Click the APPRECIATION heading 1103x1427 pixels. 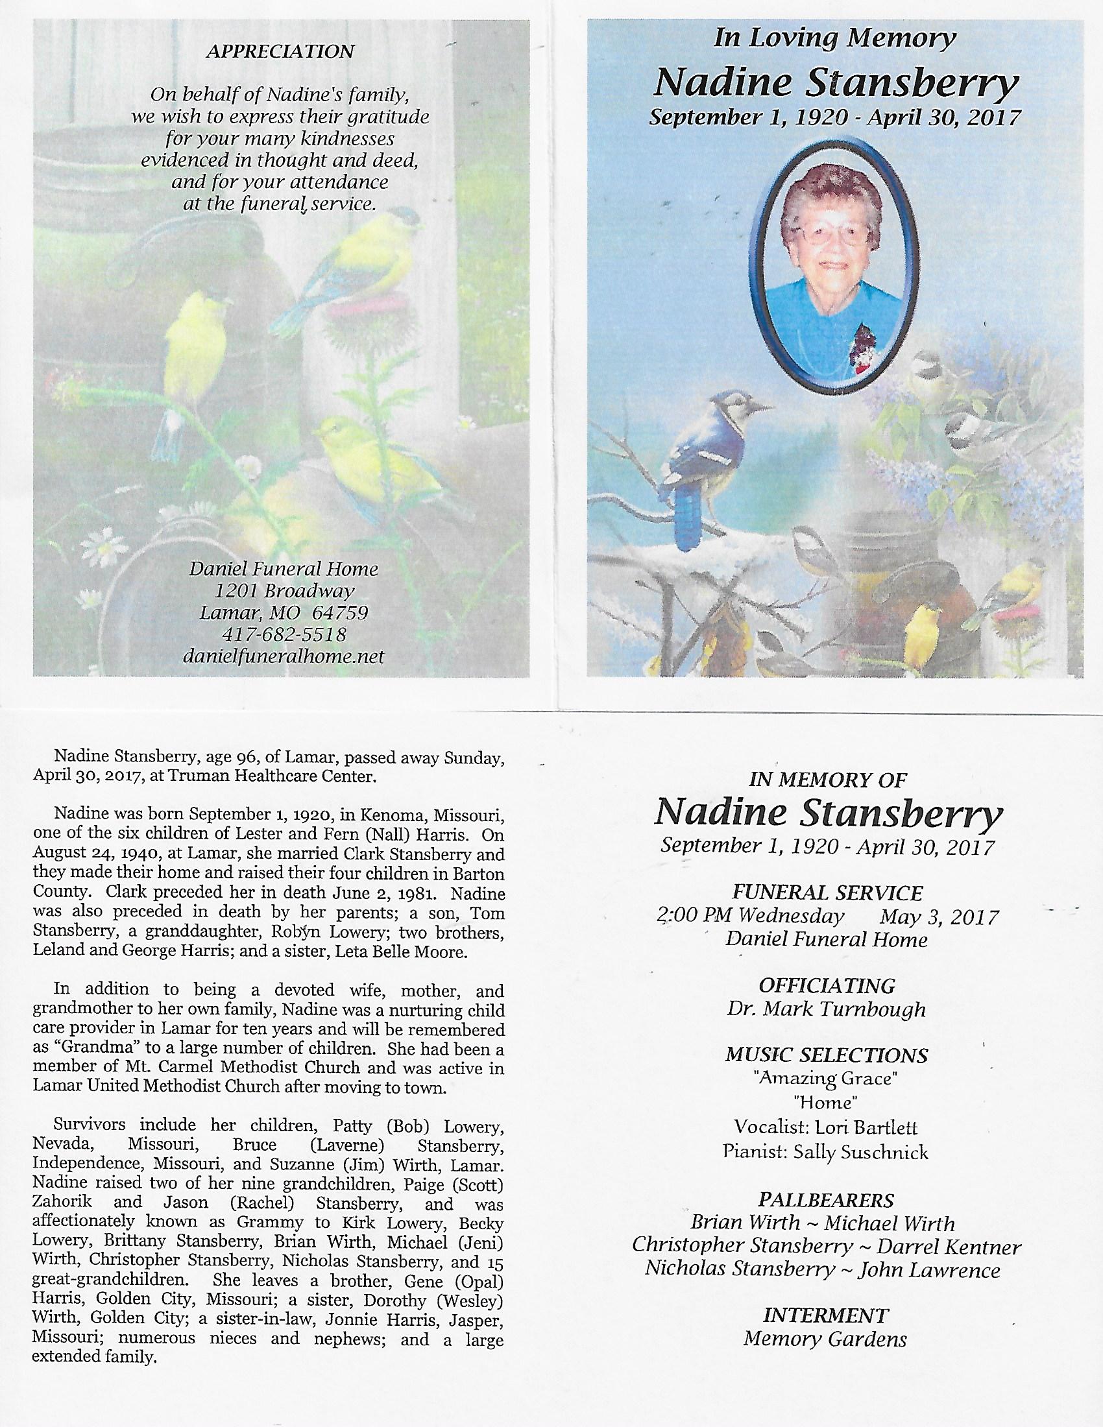click(280, 52)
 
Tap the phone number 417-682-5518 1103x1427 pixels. click(284, 634)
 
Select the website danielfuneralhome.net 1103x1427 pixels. click(284, 656)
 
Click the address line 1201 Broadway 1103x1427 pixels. click(284, 592)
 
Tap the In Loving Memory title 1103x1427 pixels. click(835, 38)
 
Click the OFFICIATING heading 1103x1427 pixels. click(827, 985)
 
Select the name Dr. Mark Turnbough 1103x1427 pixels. click(827, 1009)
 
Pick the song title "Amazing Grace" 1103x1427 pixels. click(826, 1079)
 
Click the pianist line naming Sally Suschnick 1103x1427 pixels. click(826, 1152)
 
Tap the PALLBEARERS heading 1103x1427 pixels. click(826, 1200)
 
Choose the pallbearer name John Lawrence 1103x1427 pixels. click(929, 1271)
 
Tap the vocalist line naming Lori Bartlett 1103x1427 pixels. click(826, 1127)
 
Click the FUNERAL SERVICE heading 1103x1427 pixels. click(827, 893)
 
